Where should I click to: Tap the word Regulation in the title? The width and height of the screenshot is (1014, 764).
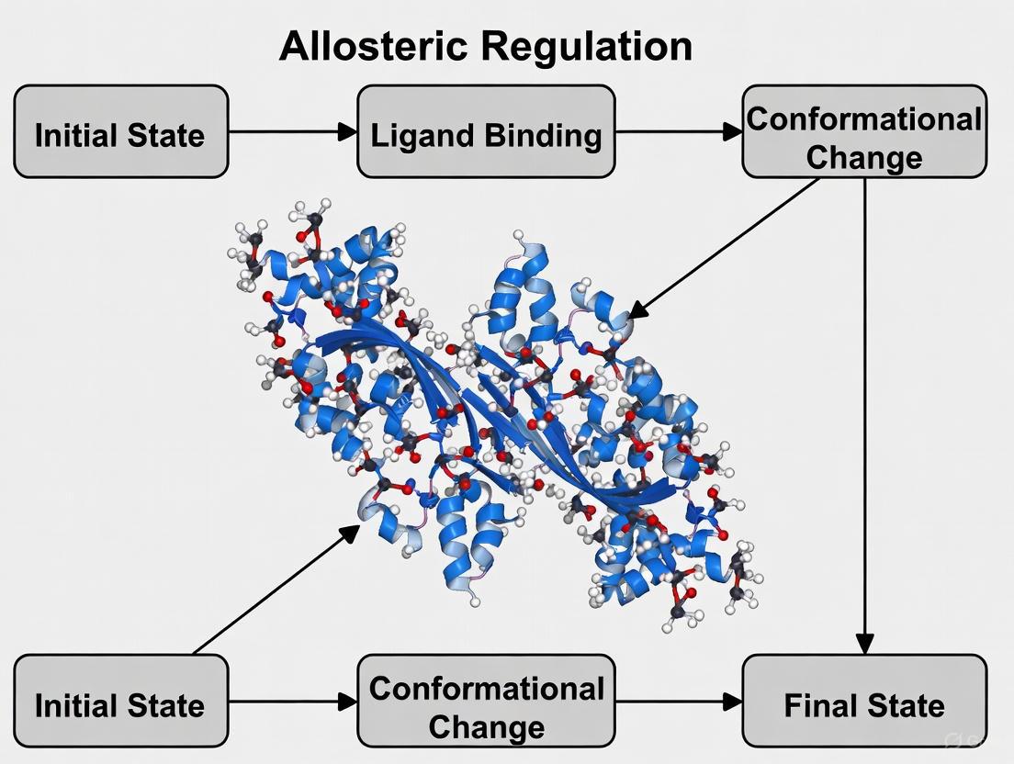(588, 46)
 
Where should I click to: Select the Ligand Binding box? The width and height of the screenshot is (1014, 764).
(486, 131)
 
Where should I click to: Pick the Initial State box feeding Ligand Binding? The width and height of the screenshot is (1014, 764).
(120, 131)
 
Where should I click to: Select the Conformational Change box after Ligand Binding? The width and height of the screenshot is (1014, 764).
(864, 131)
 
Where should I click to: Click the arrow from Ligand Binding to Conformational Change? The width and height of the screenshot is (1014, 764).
(678, 131)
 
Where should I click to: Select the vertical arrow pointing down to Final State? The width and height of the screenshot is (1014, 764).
(864, 413)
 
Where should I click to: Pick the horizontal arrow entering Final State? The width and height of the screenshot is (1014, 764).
(678, 702)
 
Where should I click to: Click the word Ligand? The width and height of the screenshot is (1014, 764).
(419, 136)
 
